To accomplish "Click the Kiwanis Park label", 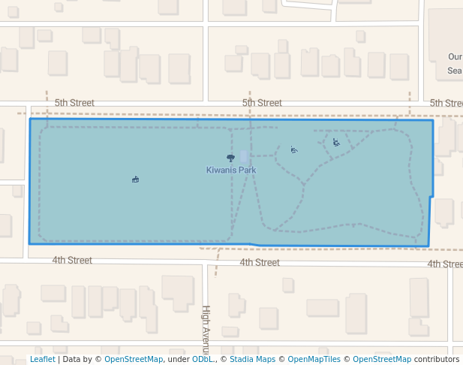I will [231, 170].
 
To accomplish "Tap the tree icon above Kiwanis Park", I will [230, 158].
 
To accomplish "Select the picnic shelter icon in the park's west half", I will [135, 179].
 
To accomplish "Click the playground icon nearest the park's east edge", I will [336, 142].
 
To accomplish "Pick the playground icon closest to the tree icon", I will [294, 150].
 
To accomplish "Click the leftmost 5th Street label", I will [74, 103].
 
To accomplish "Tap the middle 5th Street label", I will [262, 103].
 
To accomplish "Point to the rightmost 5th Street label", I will [446, 103].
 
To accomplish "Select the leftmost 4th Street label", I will [72, 261].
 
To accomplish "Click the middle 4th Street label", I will [260, 263].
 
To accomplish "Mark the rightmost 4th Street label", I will [444, 264].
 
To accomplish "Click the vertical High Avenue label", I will [206, 329].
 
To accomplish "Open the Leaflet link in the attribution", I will [42, 360].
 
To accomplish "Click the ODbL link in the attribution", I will [202, 360].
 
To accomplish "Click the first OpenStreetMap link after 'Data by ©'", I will [133, 360].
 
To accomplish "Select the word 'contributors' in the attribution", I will [437, 360].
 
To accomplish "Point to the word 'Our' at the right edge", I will [455, 57].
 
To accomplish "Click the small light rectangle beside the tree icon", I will [243, 157].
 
